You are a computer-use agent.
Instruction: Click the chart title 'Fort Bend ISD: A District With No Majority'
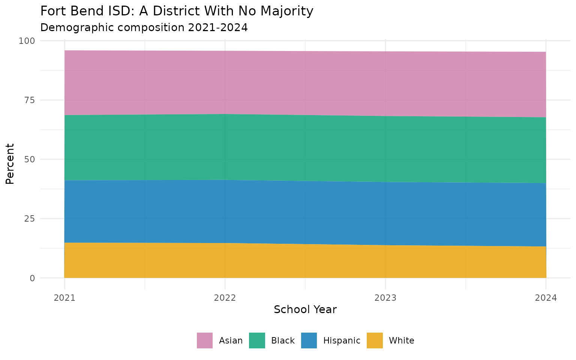click(x=176, y=11)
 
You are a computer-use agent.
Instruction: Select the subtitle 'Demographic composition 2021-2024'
click(x=144, y=28)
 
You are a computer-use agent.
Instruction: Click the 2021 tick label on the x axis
click(x=64, y=298)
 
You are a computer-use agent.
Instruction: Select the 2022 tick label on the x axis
click(x=225, y=298)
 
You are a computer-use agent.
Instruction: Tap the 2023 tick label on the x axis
click(x=385, y=298)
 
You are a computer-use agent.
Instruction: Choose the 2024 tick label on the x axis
click(x=546, y=298)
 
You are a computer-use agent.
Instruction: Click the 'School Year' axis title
click(x=305, y=310)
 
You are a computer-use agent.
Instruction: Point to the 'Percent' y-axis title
click(x=10, y=163)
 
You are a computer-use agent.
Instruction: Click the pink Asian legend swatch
click(x=205, y=340)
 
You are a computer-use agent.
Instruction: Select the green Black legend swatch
click(x=257, y=340)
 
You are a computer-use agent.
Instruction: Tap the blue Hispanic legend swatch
click(x=309, y=340)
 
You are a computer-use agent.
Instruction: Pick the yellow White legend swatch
click(x=375, y=340)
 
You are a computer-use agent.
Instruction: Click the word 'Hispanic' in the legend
click(x=342, y=340)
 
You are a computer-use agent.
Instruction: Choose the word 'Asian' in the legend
click(x=231, y=340)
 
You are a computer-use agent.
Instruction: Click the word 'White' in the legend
click(x=401, y=340)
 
